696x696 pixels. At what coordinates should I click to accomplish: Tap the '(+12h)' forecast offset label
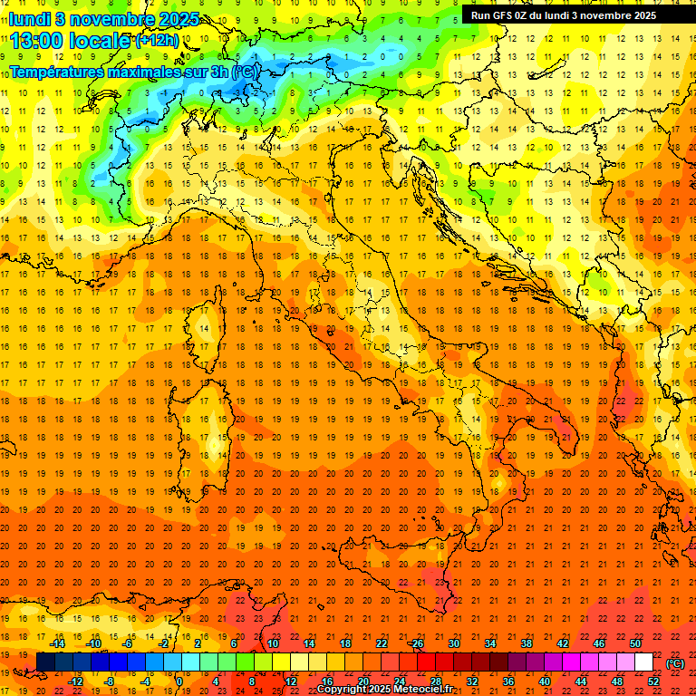157,40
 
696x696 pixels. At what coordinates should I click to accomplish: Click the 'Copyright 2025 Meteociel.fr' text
391,690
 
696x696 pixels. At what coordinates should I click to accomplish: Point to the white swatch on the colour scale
643,662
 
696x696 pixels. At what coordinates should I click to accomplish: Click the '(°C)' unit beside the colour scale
675,663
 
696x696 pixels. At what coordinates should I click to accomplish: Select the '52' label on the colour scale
653,681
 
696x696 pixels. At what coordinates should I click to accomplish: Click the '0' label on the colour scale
179,681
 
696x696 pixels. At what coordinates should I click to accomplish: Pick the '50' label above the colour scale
635,643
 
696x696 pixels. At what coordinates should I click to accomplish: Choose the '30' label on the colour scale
453,643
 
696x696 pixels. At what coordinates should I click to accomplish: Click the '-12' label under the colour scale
76,681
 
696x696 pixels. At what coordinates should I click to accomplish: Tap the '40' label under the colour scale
545,681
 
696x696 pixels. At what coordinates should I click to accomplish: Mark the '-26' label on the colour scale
416,643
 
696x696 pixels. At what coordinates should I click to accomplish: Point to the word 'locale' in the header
99,40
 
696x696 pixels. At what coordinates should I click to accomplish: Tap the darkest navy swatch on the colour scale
44,662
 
